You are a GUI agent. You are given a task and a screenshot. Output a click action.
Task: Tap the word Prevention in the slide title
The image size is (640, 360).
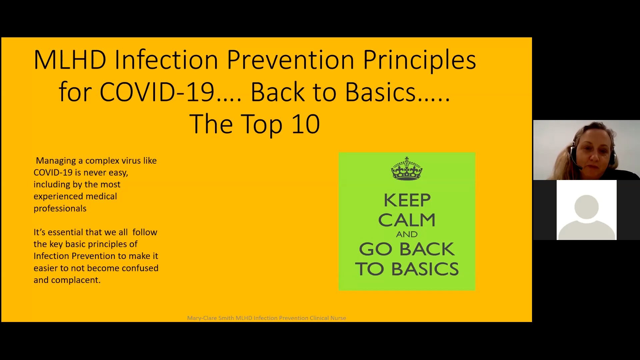[x=290, y=60]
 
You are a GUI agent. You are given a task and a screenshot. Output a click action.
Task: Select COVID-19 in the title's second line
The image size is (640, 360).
[x=157, y=92]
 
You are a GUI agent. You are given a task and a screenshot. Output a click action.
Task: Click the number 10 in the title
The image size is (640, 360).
[x=306, y=124]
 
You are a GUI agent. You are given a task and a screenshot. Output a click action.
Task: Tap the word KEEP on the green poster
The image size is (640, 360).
[x=407, y=201]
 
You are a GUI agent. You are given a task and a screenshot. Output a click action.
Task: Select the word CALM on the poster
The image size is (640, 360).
[x=407, y=220]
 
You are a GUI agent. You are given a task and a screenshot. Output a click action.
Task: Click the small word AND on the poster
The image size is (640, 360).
[x=407, y=234]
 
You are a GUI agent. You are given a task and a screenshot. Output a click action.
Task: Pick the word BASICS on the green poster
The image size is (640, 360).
[x=425, y=269]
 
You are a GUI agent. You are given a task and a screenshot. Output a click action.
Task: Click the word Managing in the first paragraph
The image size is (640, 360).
[x=56, y=161]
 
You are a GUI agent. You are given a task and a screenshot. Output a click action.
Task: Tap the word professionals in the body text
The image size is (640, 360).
[x=60, y=209]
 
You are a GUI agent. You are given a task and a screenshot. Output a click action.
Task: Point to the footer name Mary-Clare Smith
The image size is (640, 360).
[x=210, y=318]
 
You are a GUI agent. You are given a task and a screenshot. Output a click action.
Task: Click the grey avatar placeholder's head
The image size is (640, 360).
[x=586, y=207]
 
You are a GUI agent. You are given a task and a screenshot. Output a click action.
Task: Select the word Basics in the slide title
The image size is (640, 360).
[x=380, y=92]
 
